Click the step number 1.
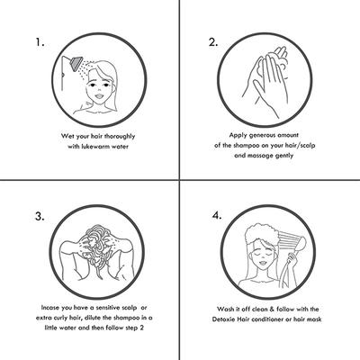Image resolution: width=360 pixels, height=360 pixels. tap(40, 42)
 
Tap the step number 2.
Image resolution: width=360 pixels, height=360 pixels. tap(213, 42)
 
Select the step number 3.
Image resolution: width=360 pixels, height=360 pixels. tap(40, 216)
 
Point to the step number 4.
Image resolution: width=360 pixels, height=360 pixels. tap(217, 215)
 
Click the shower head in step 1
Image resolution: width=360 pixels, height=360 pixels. tap(76, 62)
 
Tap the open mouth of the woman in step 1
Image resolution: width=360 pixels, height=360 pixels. tap(99, 96)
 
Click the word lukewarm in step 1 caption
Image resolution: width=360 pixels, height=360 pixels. tap(95, 147)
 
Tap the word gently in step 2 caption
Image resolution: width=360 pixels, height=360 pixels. tap(284, 156)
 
